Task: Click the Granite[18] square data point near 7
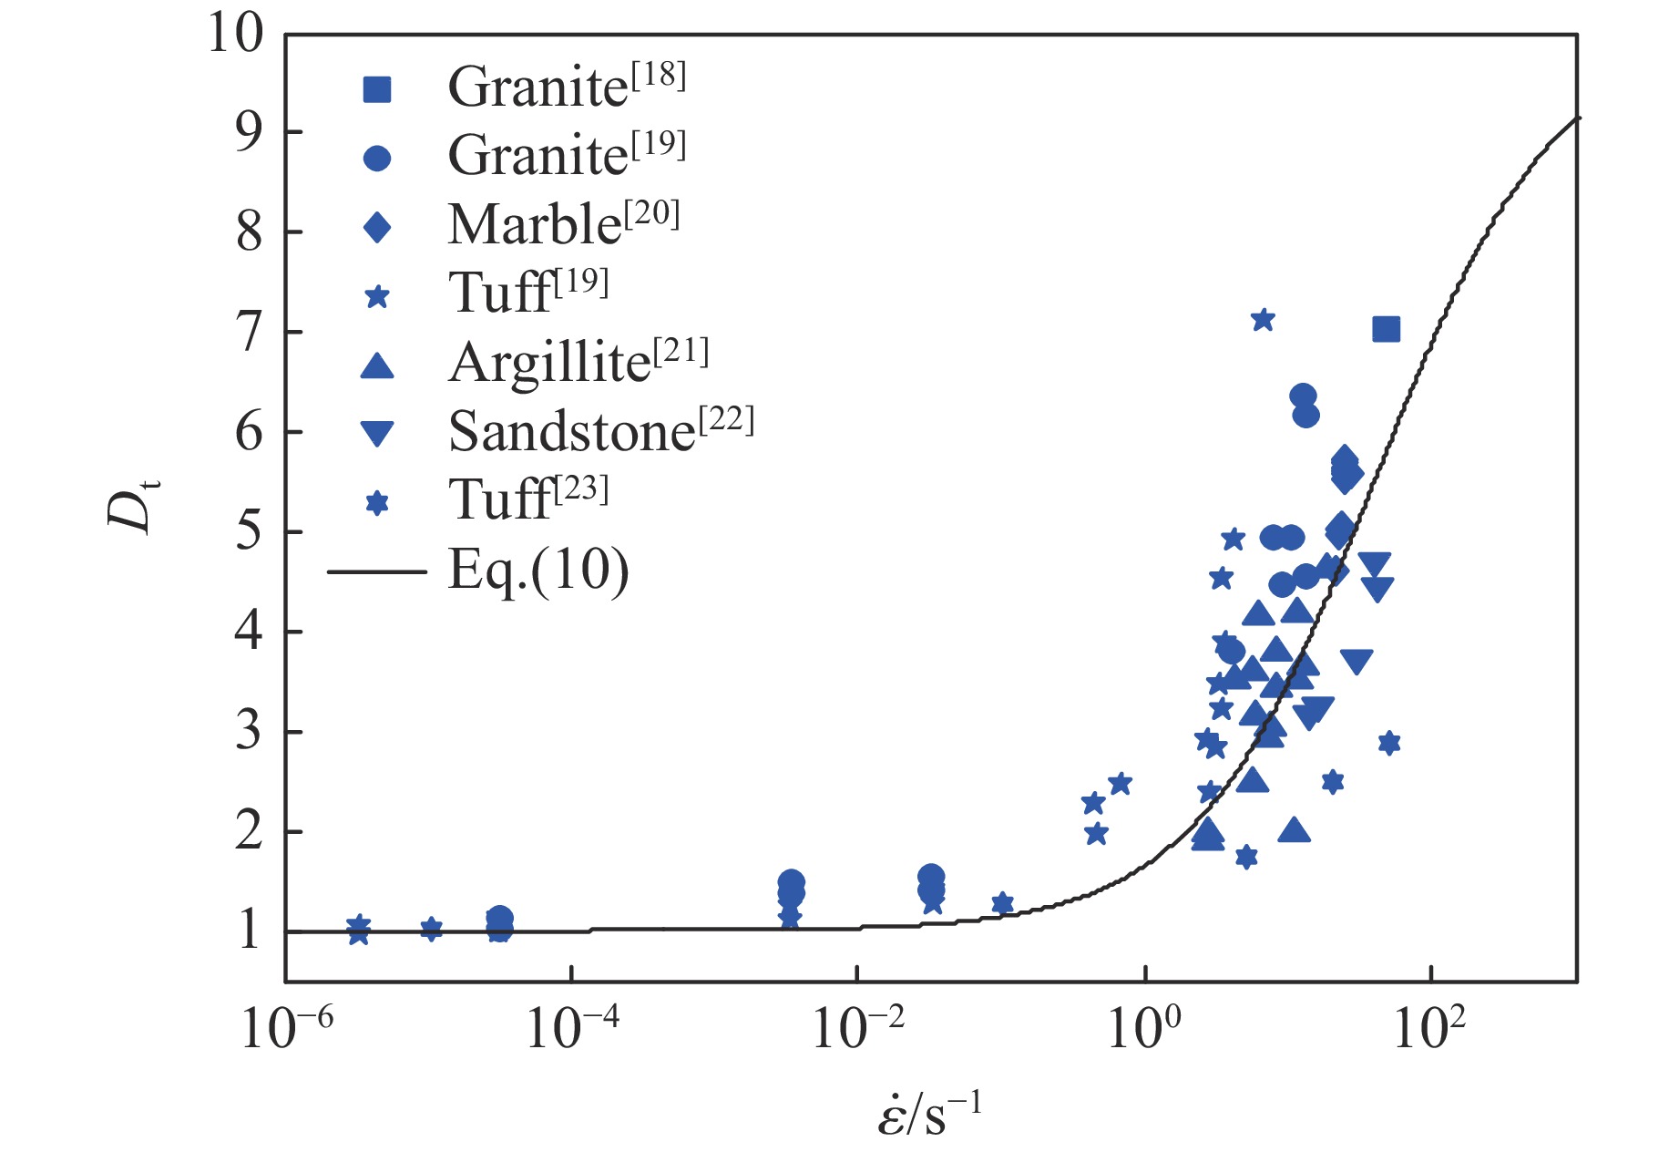click(1386, 329)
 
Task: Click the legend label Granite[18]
click(566, 87)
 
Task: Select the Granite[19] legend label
click(566, 155)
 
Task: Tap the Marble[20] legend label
click(563, 224)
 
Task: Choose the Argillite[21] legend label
click(578, 363)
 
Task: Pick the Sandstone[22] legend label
click(600, 430)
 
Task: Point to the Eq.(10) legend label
click(537, 571)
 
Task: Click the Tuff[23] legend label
click(527, 499)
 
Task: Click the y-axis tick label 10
click(235, 34)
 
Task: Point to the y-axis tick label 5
click(249, 532)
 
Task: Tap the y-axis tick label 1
click(249, 931)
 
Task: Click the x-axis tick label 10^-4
click(573, 1029)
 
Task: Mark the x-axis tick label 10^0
click(1144, 1029)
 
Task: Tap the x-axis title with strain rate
click(929, 1115)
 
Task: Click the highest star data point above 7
click(1263, 320)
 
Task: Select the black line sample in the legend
click(376, 572)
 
